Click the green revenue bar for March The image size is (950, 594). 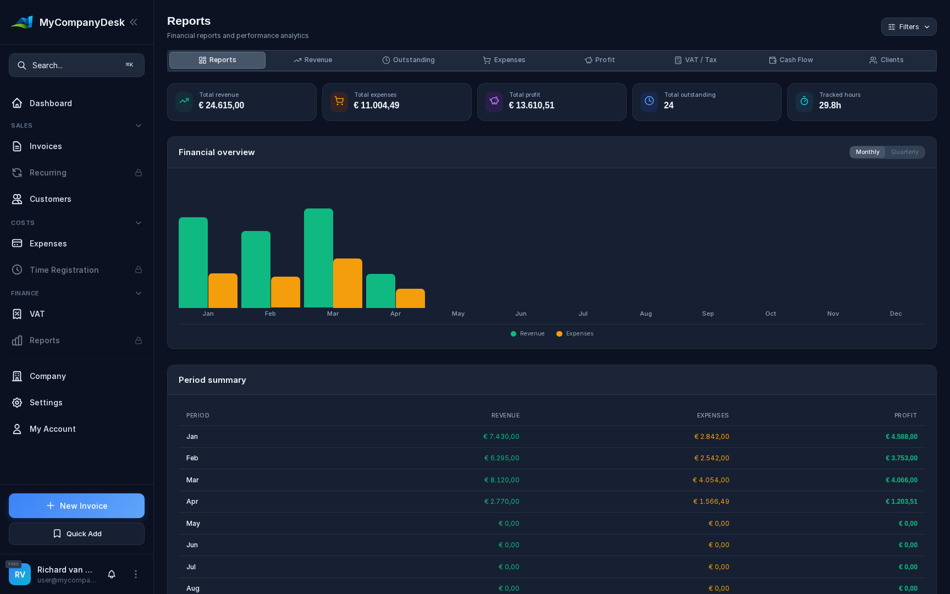point(318,258)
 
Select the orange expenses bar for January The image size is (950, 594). point(223,290)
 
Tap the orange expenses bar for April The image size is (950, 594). point(410,298)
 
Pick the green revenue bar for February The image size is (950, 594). point(256,269)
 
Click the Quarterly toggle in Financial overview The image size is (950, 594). point(904,152)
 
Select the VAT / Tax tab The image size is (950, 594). point(695,60)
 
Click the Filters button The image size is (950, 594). point(908,27)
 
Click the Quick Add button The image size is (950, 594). point(76,534)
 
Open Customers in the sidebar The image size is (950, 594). point(51,199)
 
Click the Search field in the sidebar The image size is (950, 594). point(76,65)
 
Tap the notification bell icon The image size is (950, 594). point(112,574)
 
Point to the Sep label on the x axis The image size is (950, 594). point(708,314)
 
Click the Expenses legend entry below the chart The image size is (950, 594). point(575,334)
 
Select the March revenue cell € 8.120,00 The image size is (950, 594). point(501,480)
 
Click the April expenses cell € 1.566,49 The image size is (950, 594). point(711,502)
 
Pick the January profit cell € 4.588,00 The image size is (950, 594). point(901,437)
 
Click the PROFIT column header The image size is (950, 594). point(905,416)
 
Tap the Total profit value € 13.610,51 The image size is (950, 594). point(531,106)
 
